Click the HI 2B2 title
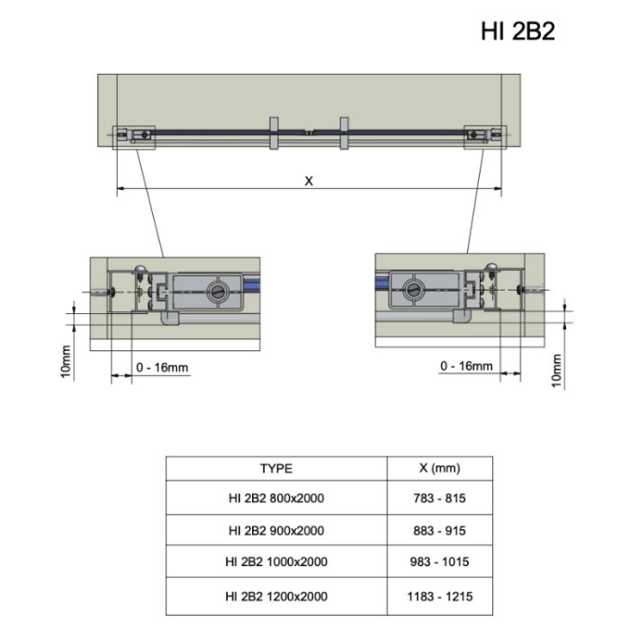517,31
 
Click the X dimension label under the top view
309,181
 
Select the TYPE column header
276,468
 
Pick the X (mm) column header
440,468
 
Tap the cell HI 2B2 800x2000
276,498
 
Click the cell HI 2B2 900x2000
276,530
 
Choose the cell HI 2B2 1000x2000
276,562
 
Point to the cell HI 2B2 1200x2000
276,596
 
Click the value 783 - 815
441,498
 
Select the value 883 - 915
441,530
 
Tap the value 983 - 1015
441,562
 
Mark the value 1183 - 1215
441,596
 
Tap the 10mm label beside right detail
556,369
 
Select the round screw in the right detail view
413,290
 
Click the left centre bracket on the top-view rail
273,132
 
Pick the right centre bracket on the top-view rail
343,132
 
